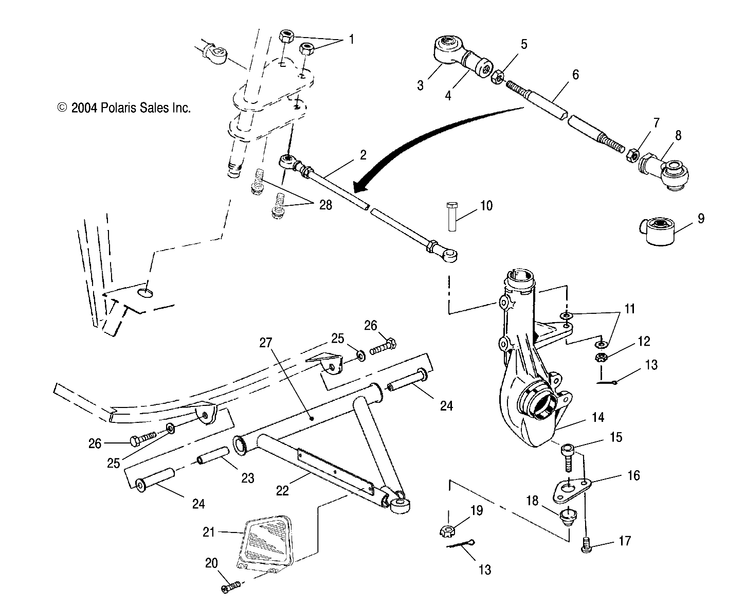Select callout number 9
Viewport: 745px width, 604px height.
point(701,218)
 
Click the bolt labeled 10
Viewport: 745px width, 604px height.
point(450,216)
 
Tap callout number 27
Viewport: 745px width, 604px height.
point(271,343)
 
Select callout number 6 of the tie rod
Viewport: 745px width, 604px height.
point(575,75)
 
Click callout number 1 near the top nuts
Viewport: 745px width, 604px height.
point(352,39)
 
